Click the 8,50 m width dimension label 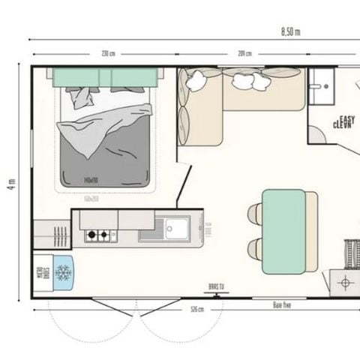[x=290, y=31]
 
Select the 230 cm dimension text [x=108, y=53]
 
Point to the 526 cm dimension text [x=196, y=309]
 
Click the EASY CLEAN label [x=346, y=121]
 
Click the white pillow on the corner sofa [x=245, y=80]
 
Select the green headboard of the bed [x=105, y=77]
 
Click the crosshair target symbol [x=346, y=283]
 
